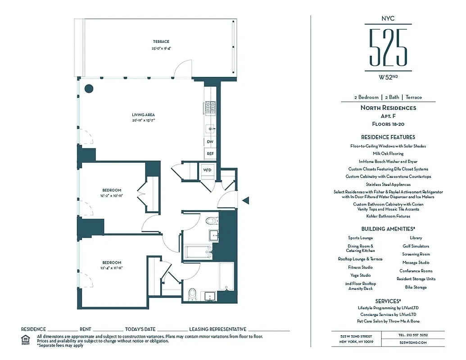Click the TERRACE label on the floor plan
click(x=161, y=42)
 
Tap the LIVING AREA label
click(x=144, y=115)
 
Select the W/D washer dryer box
click(x=207, y=170)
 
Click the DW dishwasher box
click(x=210, y=142)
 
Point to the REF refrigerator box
click(x=210, y=153)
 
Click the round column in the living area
click(x=89, y=88)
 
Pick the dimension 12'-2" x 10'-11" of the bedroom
click(x=112, y=196)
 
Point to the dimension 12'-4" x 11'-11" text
click(x=112, y=268)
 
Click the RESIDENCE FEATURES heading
click(x=388, y=137)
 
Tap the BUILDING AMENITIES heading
click(x=388, y=229)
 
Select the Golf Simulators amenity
click(x=416, y=246)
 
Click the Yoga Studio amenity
click(x=360, y=275)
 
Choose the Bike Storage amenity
click(x=416, y=287)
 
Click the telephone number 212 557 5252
click(x=413, y=335)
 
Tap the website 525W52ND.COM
click(x=413, y=342)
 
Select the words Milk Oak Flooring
click(x=388, y=153)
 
